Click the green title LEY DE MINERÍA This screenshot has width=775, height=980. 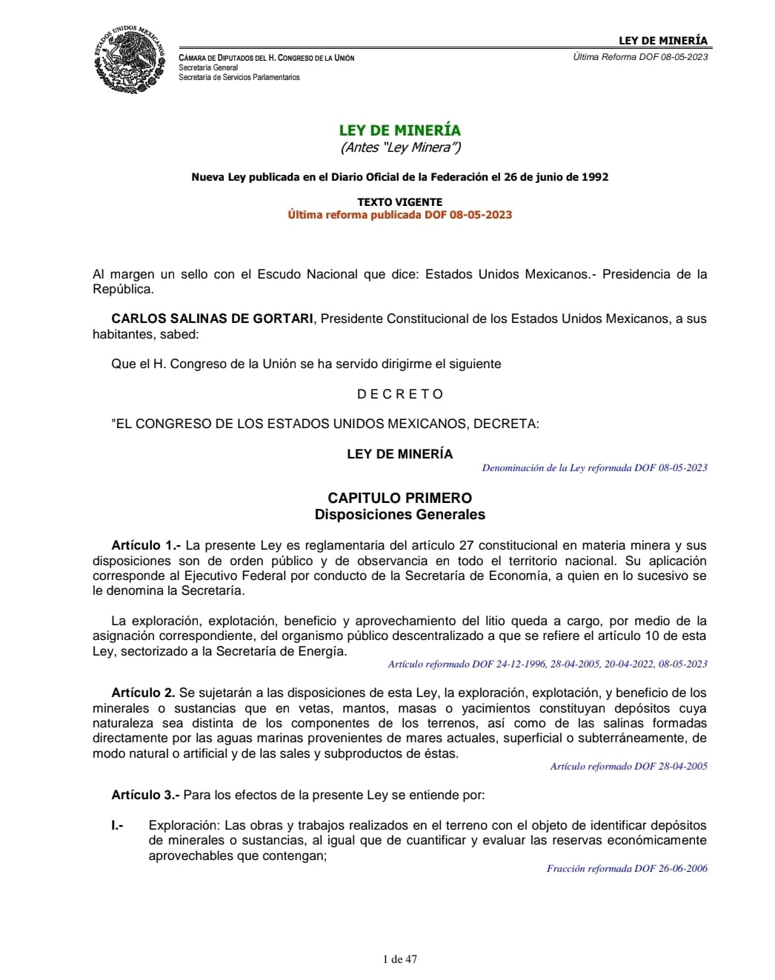[399, 130]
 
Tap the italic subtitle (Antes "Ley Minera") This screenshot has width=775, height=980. [400, 147]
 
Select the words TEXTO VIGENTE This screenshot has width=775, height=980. [399, 201]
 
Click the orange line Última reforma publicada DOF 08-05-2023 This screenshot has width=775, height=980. [399, 215]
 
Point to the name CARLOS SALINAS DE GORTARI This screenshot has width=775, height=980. [213, 319]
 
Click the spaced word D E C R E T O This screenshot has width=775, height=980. [399, 394]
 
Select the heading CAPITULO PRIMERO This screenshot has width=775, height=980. [399, 498]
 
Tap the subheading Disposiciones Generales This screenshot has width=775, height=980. [399, 514]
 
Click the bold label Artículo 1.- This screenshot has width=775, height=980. [146, 546]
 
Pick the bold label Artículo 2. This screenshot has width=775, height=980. [143, 693]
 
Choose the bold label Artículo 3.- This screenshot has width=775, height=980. [145, 795]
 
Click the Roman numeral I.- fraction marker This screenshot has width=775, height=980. [117, 825]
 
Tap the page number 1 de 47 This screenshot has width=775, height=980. [399, 959]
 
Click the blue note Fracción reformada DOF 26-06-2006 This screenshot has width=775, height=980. [627, 868]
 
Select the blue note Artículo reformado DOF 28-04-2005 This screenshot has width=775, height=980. [628, 766]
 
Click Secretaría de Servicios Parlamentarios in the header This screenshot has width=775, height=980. [239, 77]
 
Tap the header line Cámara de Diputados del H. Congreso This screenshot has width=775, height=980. [266, 58]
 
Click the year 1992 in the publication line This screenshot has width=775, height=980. [594, 177]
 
